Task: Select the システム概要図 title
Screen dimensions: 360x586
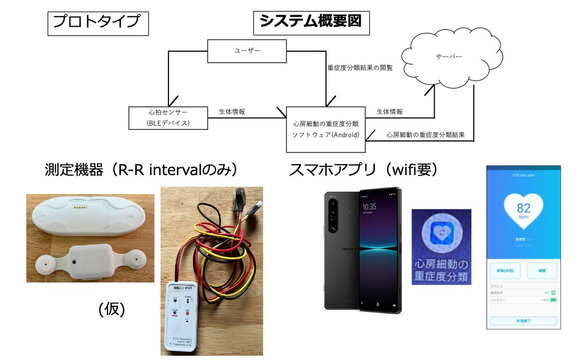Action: tap(310, 22)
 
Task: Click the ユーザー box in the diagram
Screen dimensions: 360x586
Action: tap(247, 51)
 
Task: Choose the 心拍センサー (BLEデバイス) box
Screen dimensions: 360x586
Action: tap(168, 117)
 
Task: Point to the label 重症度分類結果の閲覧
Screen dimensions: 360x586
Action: tap(360, 68)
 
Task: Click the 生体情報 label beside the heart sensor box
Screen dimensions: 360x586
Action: tap(232, 112)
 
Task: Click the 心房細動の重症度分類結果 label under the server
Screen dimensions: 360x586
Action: tap(425, 135)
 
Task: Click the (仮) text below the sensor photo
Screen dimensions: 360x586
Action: tap(111, 309)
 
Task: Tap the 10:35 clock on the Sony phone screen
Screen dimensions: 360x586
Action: tap(370, 206)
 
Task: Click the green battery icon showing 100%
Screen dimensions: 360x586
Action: tap(553, 300)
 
